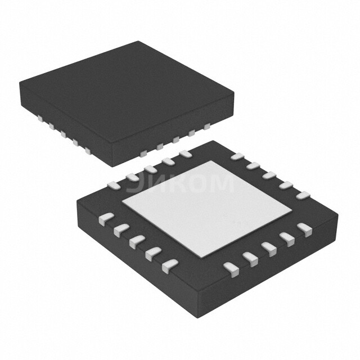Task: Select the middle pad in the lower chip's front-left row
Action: pos(136,241)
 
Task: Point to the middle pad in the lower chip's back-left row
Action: pos(150,169)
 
